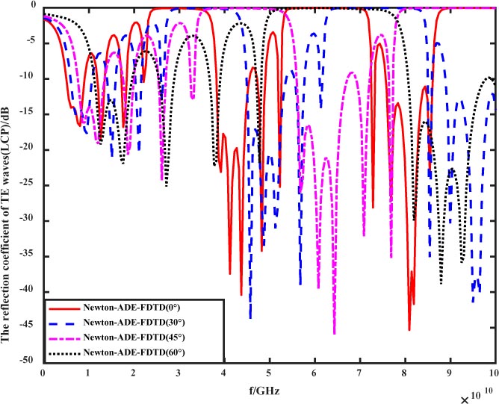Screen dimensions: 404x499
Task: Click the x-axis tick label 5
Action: coord(269,372)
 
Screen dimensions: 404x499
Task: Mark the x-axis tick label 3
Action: coord(179,372)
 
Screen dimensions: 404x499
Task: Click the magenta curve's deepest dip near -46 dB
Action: coord(334,333)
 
